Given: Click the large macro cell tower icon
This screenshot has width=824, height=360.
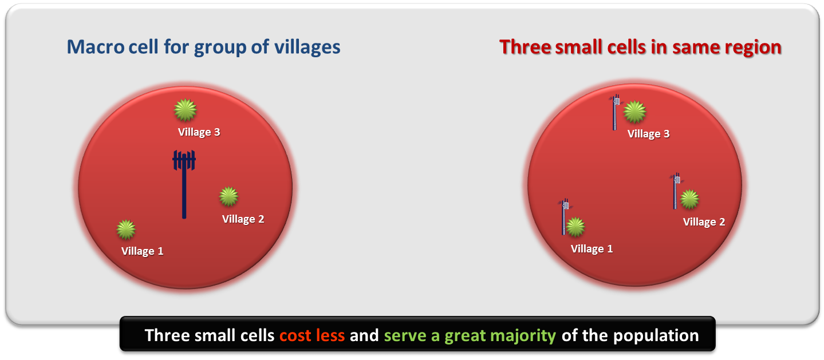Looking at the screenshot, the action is coord(184,184).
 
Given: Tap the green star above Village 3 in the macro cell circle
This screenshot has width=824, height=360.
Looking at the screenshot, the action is coord(186,110).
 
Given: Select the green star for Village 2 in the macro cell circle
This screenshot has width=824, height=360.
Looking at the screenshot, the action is coord(229,196).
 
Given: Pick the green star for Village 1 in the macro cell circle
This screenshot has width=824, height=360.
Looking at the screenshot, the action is coord(126,230).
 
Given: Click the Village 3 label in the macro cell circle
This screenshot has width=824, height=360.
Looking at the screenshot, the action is coord(199,132).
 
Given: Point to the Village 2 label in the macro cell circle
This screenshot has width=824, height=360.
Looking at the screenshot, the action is coord(243,219).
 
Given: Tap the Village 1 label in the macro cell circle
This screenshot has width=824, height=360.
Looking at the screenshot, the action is coord(143,251).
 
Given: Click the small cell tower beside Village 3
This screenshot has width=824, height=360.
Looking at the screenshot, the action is coord(616,112).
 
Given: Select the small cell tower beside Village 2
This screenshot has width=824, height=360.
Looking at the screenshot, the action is coord(676,191).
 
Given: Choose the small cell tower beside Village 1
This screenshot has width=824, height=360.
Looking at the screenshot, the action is coord(564,216).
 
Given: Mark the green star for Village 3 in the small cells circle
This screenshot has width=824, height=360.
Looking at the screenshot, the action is coord(635,112).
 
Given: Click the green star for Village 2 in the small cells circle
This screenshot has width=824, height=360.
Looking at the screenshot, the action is coord(690,199).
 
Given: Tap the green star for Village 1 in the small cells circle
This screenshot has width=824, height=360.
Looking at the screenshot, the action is coord(575,227).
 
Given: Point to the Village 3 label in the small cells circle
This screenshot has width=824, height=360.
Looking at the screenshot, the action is coord(649,134).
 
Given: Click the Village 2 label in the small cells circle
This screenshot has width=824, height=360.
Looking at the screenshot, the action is coord(704,222).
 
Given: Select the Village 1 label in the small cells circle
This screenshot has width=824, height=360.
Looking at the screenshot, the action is coord(592,249).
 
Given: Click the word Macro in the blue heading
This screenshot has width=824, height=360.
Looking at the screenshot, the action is coord(96,47).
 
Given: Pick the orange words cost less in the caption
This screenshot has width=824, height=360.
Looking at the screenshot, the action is coord(312,335).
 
